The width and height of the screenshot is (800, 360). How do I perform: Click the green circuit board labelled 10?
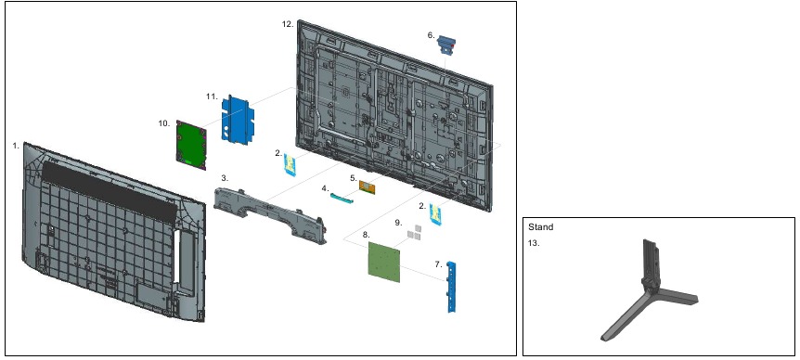191,145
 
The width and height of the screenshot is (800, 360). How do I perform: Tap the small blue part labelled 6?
446,45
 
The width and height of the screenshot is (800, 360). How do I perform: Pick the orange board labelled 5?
368,187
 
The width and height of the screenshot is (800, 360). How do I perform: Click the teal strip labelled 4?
344,198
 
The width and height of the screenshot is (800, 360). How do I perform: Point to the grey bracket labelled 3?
270,214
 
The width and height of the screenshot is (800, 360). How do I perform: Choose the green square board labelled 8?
384,262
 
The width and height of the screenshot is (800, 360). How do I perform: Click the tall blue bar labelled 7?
451,287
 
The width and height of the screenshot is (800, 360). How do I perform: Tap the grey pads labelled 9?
415,233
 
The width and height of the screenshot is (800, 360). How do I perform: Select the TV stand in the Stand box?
649,291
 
